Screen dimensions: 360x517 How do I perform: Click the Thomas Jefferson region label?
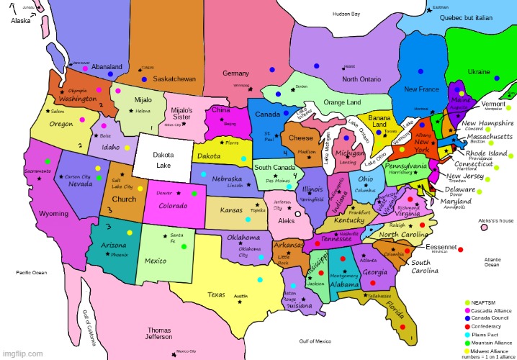coord(159,333)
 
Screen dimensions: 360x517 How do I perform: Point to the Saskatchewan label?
coord(175,78)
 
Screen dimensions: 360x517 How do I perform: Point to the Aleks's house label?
coord(496,220)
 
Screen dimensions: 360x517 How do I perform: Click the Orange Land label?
coord(342,103)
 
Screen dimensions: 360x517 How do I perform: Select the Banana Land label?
coord(379,120)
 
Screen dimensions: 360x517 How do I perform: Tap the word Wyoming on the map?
coord(53,214)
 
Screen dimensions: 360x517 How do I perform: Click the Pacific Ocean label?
coord(31,273)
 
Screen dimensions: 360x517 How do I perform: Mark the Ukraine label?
coord(479,72)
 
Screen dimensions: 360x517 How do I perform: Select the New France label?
coord(421,89)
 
